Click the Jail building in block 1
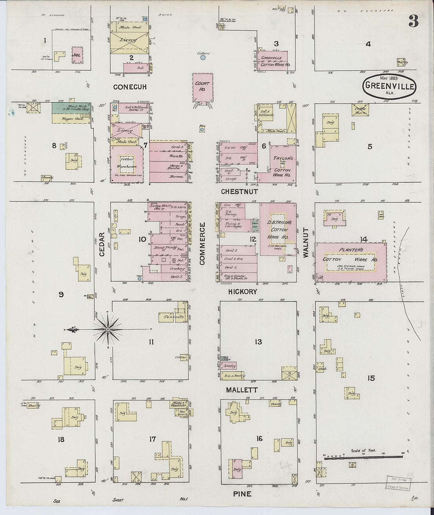(76, 55)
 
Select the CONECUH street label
(130, 87)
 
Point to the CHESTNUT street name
(239, 192)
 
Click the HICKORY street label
(242, 292)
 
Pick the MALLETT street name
(242, 390)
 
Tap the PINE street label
(242, 494)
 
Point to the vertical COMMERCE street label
(202, 243)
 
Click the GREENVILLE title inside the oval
(389, 85)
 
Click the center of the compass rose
(107, 329)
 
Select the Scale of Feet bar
(363, 457)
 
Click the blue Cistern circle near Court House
(203, 58)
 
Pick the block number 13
(258, 342)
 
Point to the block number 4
(368, 44)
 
